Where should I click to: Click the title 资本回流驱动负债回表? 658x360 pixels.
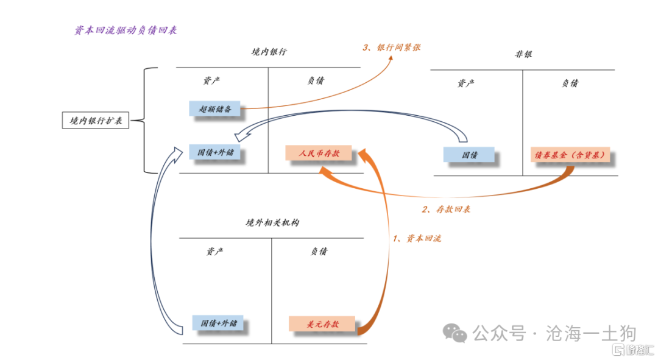pyautogui.click(x=126, y=29)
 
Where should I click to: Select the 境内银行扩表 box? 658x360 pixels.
pyautogui.click(x=96, y=120)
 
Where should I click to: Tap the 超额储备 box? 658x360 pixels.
pyautogui.click(x=215, y=108)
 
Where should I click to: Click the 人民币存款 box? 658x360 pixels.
pyautogui.click(x=319, y=154)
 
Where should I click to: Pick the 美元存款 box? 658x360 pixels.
pyautogui.click(x=322, y=324)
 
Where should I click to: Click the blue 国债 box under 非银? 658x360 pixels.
pyautogui.click(x=469, y=155)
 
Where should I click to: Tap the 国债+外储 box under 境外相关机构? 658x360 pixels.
pyautogui.click(x=219, y=323)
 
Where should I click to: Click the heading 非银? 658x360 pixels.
pyautogui.click(x=523, y=54)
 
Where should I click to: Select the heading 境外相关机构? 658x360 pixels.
pyautogui.click(x=272, y=223)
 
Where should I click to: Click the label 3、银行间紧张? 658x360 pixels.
pyautogui.click(x=391, y=47)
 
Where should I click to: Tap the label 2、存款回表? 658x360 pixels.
pyautogui.click(x=446, y=210)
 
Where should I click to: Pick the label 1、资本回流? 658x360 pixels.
pyautogui.click(x=416, y=238)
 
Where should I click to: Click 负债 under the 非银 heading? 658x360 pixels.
pyautogui.click(x=570, y=83)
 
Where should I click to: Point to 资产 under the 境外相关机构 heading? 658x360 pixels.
pyautogui.click(x=214, y=252)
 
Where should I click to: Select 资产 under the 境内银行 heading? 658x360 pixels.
pyautogui.click(x=211, y=80)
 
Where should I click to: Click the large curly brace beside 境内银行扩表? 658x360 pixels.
pyautogui.click(x=146, y=120)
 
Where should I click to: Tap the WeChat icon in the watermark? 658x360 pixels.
pyautogui.click(x=455, y=333)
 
